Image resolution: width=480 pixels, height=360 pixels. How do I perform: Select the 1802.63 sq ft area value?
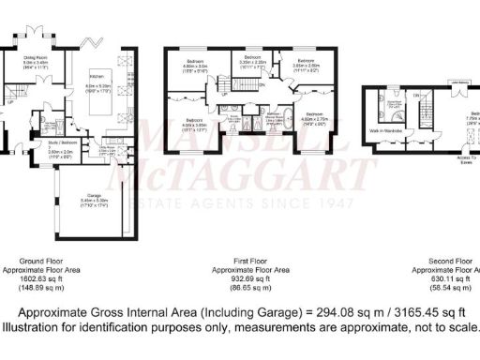pyautogui.click(x=47, y=277)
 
